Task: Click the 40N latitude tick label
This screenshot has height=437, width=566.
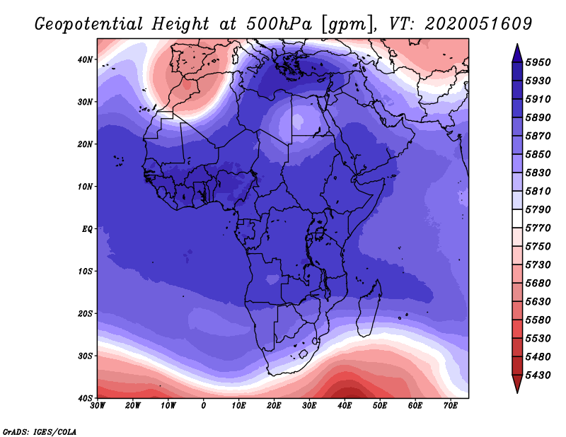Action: [x=84, y=59]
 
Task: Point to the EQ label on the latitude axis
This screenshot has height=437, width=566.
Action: [x=87, y=229]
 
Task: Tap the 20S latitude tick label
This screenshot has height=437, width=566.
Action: [x=84, y=313]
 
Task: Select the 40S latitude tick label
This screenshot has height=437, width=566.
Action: [x=84, y=398]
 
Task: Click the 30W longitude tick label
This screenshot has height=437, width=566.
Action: [x=98, y=406]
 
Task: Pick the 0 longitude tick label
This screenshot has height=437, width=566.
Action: [x=204, y=406]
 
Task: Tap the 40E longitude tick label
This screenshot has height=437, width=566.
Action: [x=345, y=406]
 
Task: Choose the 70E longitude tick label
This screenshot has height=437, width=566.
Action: [x=451, y=406]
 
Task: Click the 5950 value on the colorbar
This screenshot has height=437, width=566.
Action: [x=538, y=62]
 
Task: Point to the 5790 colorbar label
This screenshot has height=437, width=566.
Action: [x=538, y=209]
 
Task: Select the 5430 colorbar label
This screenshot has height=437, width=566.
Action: [x=538, y=375]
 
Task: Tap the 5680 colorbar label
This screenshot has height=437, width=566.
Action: [x=538, y=284]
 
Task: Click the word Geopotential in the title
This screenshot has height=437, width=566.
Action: [x=89, y=25]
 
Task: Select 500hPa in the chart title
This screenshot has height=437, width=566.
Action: [x=279, y=24]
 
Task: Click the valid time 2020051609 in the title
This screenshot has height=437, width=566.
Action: [x=478, y=24]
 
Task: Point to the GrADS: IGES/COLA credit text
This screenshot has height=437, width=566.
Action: [x=40, y=432]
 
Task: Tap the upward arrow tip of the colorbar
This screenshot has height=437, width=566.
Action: [x=517, y=45]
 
